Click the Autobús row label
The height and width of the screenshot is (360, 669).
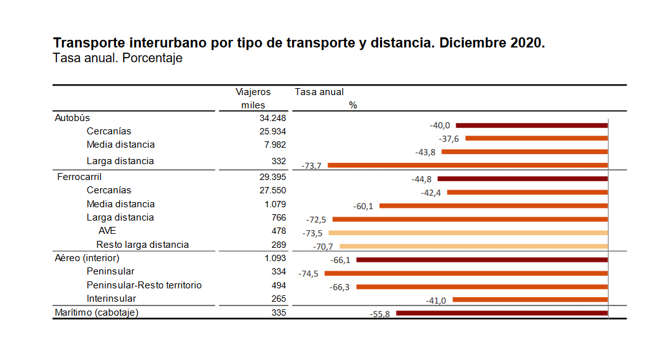click(x=72, y=118)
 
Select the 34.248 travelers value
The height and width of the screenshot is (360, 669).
click(x=273, y=118)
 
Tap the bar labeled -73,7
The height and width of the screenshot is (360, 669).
click(x=468, y=165)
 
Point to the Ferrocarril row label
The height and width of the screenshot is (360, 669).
click(x=79, y=177)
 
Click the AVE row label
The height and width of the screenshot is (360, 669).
click(x=107, y=231)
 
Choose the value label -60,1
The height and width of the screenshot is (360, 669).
click(x=364, y=206)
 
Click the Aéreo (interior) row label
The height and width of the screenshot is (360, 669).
click(x=88, y=258)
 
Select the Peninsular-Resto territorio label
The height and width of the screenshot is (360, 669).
click(x=144, y=285)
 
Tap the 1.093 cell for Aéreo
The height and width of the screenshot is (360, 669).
click(x=275, y=258)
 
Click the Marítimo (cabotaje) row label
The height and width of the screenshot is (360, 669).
click(x=96, y=312)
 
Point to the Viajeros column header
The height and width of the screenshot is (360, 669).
click(x=253, y=92)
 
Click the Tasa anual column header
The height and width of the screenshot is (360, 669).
click(x=319, y=92)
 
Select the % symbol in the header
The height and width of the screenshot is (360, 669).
click(x=353, y=105)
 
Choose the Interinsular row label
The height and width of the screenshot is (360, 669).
click(x=111, y=299)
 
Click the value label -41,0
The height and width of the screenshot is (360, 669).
click(x=436, y=300)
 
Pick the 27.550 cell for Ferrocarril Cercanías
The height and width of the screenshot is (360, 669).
click(x=273, y=190)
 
